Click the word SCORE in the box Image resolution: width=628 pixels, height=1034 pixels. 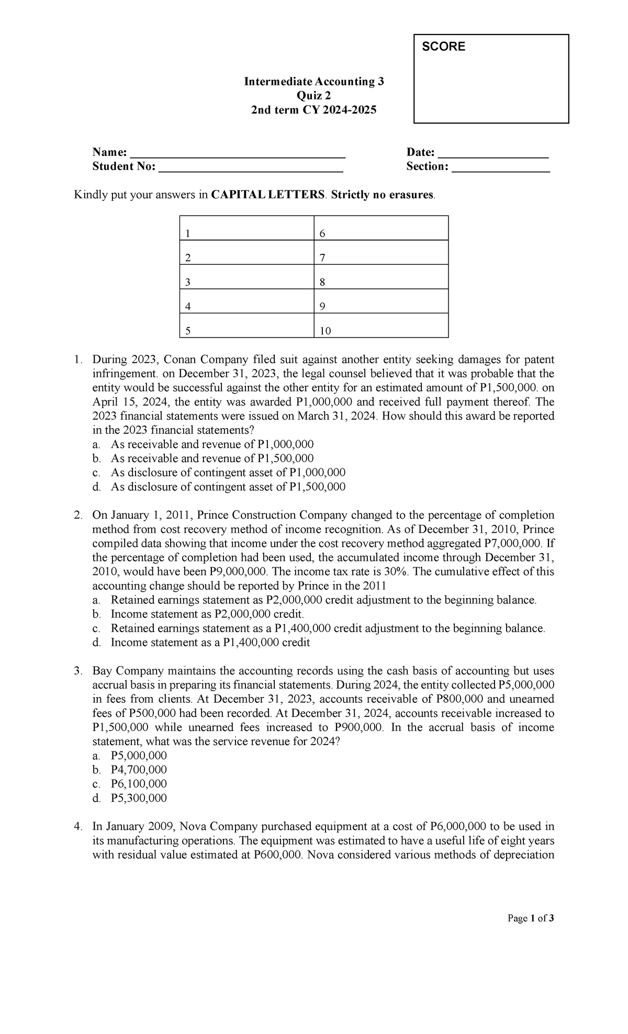[443, 47]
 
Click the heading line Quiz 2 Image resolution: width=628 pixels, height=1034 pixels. [313, 96]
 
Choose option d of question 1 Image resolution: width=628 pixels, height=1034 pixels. [228, 487]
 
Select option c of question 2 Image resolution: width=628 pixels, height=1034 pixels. [328, 628]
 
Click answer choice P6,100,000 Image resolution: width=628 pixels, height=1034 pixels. [139, 784]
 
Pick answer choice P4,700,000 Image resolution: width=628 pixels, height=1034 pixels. [139, 770]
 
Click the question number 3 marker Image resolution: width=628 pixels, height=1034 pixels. [78, 671]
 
